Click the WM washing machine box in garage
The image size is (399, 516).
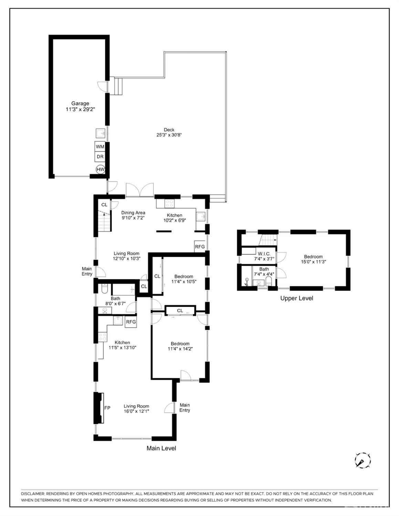point(100,147)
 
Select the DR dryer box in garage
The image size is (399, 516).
point(100,157)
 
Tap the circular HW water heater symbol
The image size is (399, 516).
point(100,169)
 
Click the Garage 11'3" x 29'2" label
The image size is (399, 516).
point(80,106)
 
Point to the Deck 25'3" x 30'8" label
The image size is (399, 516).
point(169,133)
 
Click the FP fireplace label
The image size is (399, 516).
point(107,408)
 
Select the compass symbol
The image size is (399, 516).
point(363,460)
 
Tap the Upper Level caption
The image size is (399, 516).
point(296,298)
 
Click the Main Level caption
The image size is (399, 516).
point(161,448)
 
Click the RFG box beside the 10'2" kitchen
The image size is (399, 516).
point(200,247)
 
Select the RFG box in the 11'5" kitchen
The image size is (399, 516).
point(131,322)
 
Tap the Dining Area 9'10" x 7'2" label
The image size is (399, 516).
point(133,215)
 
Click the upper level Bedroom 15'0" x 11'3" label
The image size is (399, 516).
point(313,259)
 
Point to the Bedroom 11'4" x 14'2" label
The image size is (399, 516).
point(180,346)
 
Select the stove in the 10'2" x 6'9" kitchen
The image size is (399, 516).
point(169,203)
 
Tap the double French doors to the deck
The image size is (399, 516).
point(140,190)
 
